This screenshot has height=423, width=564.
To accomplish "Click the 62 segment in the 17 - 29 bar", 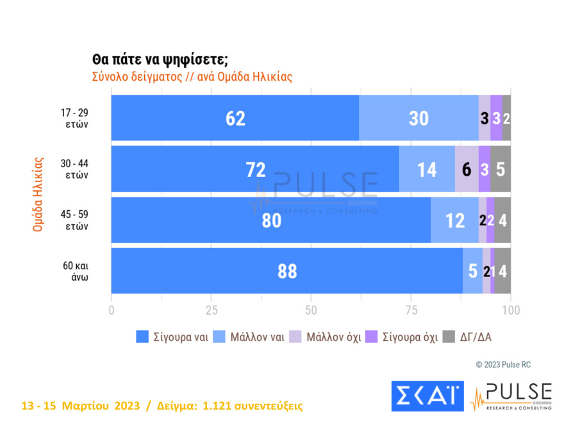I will coord(235,119).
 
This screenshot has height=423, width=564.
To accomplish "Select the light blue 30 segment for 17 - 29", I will coord(419,119).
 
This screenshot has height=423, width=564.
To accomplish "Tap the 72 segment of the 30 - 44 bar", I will coord(255,169).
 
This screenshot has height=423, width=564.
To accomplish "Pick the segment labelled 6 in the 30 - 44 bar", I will coord(467,169).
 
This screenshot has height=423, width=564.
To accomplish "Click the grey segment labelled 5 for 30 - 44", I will coord(501,169).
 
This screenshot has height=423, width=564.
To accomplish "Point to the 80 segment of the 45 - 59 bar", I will coord(271,220).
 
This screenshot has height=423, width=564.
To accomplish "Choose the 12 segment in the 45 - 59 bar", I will coord(454,220).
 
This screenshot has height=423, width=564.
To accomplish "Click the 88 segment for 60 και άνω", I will coord(287,271).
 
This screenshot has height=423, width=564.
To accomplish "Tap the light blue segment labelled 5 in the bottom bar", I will coord(472,271).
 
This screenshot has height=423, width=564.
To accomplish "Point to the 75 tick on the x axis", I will coord(411,311).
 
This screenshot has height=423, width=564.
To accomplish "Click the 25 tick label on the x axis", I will coord(211,311).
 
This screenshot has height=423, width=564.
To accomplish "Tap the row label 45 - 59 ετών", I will coord(74,220).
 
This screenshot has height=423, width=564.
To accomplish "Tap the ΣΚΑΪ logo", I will coord(427,396).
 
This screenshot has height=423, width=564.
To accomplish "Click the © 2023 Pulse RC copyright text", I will coord(503,365).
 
